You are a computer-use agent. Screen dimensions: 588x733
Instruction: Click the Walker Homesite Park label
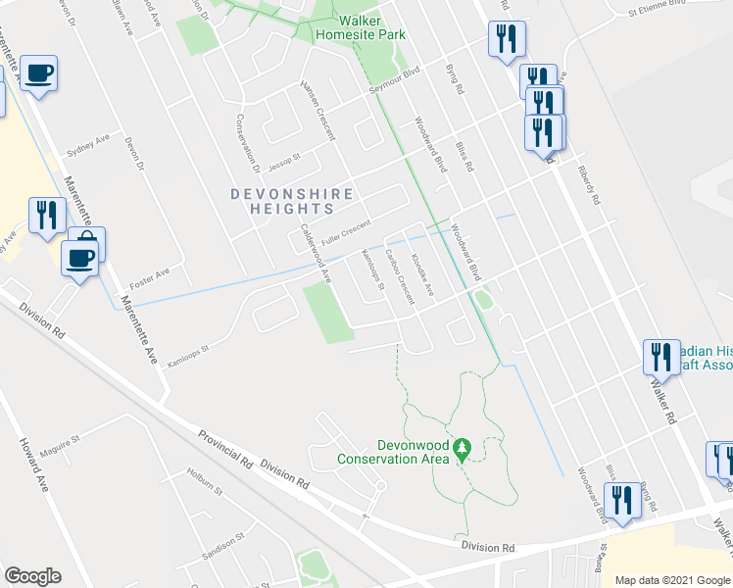[x=360, y=26]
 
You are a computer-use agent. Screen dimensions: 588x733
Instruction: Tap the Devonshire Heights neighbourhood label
[x=292, y=201]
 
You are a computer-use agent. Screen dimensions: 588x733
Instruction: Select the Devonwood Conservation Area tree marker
[x=465, y=449]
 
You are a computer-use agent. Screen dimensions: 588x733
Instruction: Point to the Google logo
[x=32, y=576]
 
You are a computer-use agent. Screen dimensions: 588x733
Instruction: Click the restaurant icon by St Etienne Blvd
[x=507, y=40]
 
